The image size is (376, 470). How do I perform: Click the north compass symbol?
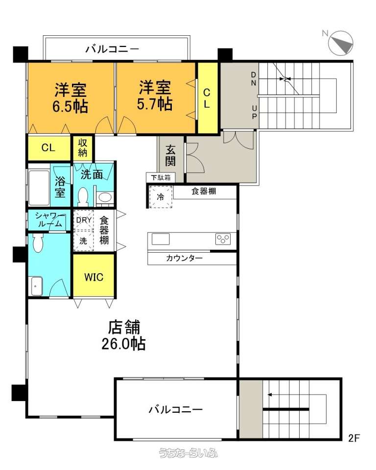point(341,43)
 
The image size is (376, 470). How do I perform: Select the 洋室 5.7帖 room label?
point(155,95)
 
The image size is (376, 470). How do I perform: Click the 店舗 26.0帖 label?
point(124,335)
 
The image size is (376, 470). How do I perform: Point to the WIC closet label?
point(94,277)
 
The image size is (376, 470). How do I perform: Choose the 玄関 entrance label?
point(170,155)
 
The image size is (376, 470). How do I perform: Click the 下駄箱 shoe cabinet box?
point(161,177)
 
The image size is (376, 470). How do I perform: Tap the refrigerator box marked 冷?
point(161,197)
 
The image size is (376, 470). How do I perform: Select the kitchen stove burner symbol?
point(223,239)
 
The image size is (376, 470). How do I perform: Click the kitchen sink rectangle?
point(161,239)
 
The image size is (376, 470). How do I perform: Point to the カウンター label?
point(184,258)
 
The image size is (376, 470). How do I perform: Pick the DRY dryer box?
point(84,220)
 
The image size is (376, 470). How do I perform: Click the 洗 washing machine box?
point(84,240)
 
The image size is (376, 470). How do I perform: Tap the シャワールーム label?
point(50,220)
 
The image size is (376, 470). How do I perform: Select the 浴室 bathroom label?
point(60,187)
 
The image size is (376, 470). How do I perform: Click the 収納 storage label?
point(82,148)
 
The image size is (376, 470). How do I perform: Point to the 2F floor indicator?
point(354,438)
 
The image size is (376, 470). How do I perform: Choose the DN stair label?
point(254,79)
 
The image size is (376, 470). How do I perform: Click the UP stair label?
point(254,112)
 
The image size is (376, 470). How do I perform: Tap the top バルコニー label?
point(113,49)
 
